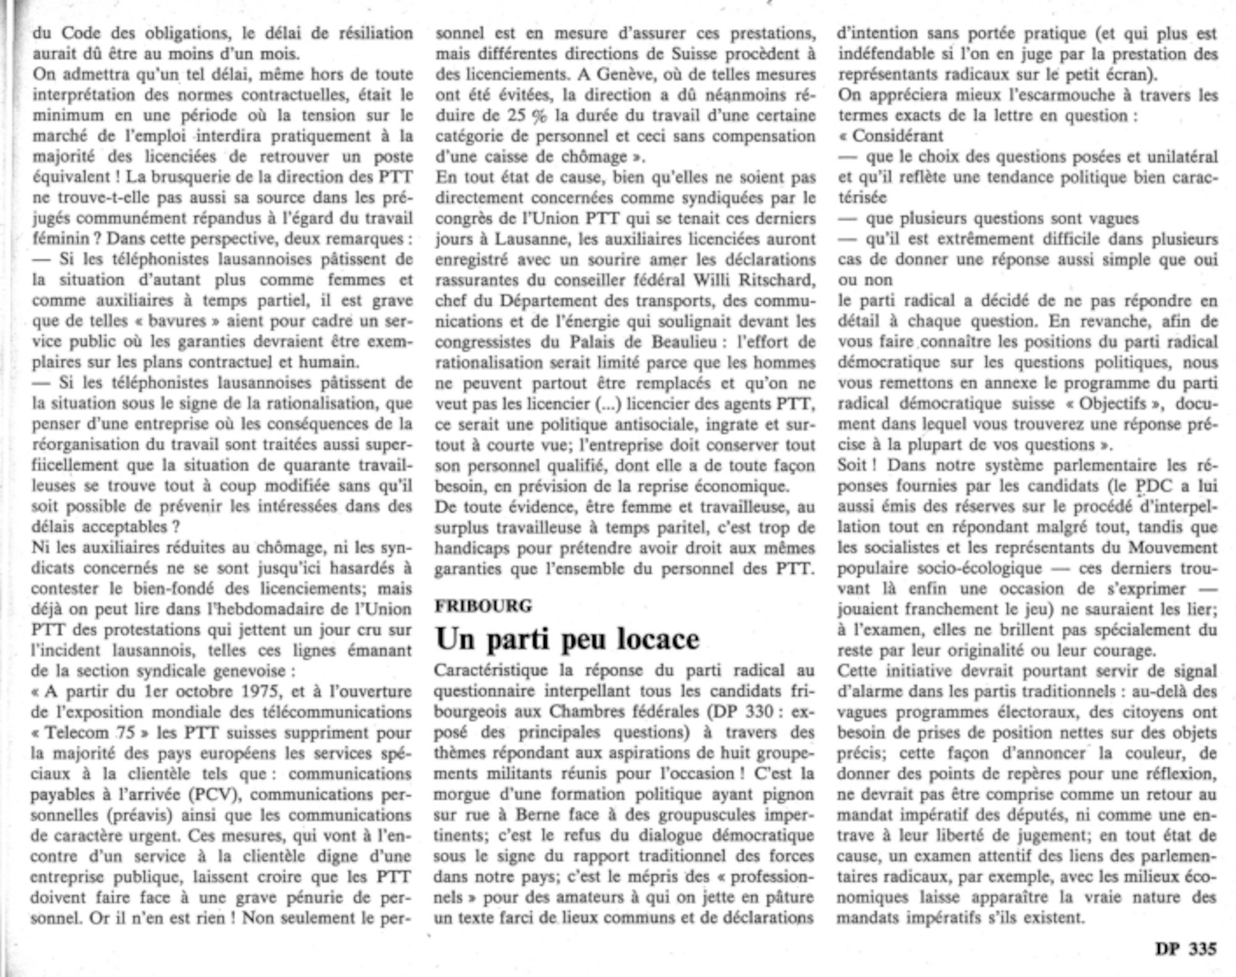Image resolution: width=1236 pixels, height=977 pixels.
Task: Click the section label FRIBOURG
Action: tap(483, 606)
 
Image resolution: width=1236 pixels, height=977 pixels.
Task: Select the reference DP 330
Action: tap(742, 712)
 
